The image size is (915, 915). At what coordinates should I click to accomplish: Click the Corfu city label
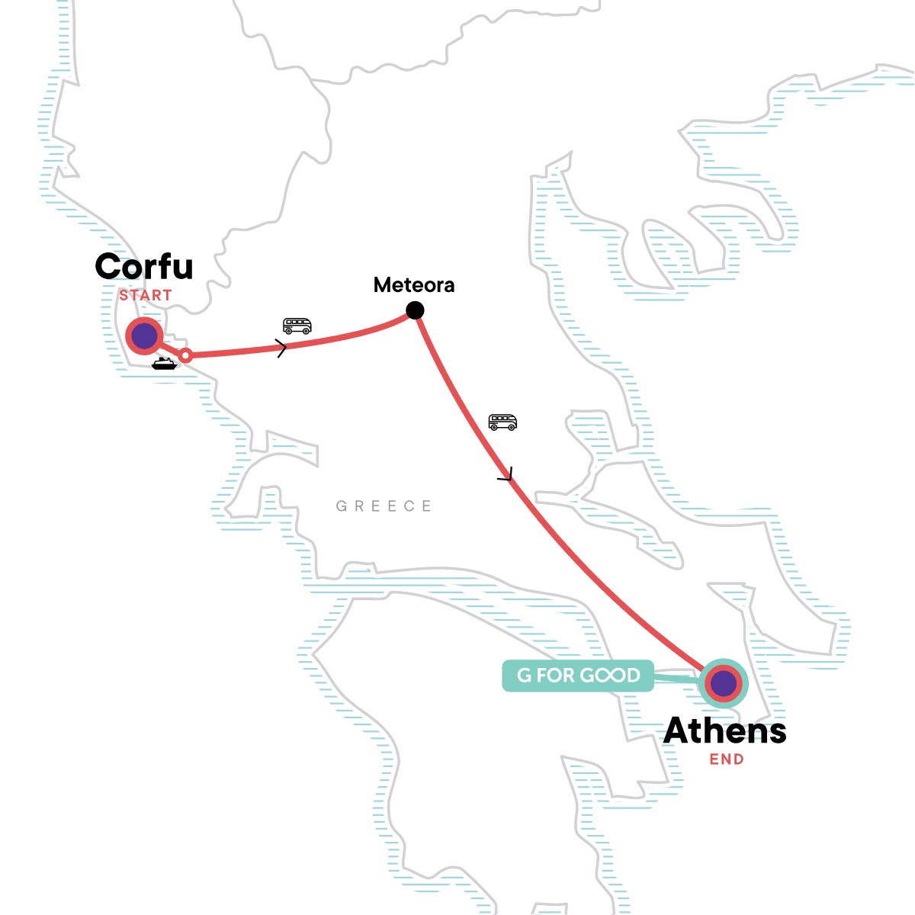tap(144, 267)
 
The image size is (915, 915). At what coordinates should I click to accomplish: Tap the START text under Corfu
tap(146, 295)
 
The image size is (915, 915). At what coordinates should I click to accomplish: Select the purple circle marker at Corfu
tap(144, 335)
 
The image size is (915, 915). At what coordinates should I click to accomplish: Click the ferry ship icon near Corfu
tap(164, 364)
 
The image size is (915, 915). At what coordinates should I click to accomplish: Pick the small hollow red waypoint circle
tap(185, 355)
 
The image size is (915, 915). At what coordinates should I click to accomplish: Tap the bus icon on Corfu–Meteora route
tap(297, 326)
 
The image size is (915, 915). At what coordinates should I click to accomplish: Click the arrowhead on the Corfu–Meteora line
tap(283, 349)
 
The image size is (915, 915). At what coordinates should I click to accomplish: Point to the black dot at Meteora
tap(415, 310)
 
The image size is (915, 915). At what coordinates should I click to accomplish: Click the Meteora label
tap(414, 285)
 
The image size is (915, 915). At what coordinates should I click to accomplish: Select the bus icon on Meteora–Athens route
tap(502, 422)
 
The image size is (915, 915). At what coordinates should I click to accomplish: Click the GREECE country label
tap(384, 506)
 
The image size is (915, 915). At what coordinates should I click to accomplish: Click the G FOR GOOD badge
tap(578, 676)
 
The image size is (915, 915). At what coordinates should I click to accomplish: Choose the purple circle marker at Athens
tap(723, 684)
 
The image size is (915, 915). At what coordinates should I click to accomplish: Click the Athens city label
tap(725, 731)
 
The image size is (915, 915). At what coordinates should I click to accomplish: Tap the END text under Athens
tap(727, 759)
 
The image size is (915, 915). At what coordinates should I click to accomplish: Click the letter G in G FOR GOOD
tap(525, 676)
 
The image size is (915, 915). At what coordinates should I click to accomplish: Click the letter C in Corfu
tap(109, 267)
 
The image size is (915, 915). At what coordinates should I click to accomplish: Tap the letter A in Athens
tap(679, 731)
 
